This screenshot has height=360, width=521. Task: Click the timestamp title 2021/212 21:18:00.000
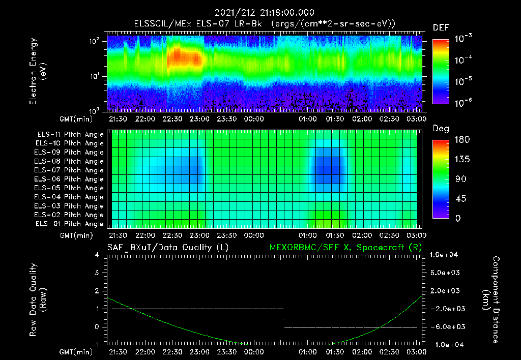click(x=264, y=13)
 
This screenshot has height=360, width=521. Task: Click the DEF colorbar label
click(x=441, y=27)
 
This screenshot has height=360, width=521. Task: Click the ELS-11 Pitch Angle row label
click(x=69, y=135)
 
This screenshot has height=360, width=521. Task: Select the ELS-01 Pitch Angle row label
click(x=69, y=224)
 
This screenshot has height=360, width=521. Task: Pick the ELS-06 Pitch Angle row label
click(x=69, y=179)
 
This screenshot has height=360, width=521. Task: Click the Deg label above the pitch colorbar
click(x=441, y=129)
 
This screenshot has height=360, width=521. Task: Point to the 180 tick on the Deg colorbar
click(x=460, y=140)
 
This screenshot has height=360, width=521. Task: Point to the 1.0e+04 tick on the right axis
click(x=445, y=255)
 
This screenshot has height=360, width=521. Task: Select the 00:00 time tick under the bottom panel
click(x=254, y=352)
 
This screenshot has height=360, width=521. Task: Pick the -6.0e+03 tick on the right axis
click(x=445, y=326)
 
